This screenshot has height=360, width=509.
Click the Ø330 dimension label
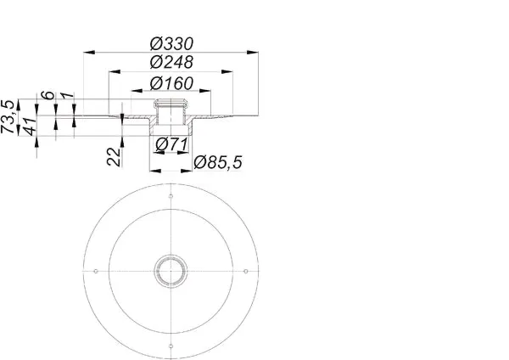point(171,44)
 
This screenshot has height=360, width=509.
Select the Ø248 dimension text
point(171,62)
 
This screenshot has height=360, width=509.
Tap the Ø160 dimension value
point(171,83)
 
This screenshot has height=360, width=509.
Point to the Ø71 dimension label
point(171,144)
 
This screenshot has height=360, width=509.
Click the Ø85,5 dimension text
point(218,162)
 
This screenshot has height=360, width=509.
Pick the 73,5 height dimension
point(8,116)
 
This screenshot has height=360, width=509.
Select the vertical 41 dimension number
point(30,127)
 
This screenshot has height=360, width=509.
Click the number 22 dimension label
point(114,156)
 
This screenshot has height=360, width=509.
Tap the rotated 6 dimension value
point(48,95)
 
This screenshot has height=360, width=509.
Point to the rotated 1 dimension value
point(67,96)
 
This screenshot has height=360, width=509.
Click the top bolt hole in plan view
point(171,196)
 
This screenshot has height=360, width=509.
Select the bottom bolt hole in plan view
point(171,346)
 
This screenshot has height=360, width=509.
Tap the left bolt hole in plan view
point(96,271)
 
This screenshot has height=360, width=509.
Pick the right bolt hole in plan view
point(246,271)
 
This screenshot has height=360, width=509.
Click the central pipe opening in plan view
point(171,271)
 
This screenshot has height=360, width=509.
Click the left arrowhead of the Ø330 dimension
point(89,52)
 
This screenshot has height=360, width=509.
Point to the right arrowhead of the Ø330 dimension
point(253,52)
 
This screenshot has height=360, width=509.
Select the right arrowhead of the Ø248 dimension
point(227,71)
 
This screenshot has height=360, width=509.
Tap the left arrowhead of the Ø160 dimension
point(137,92)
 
